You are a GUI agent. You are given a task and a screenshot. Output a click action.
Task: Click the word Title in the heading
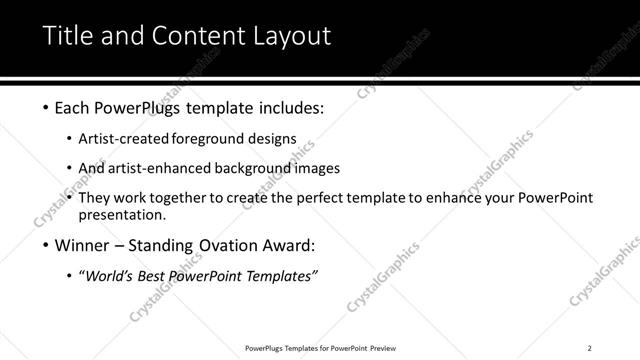(x=65, y=37)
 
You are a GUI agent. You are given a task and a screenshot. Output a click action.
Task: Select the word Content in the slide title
(x=192, y=37)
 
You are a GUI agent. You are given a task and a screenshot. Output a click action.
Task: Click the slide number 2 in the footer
(x=590, y=347)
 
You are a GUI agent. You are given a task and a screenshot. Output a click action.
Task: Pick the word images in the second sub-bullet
(x=317, y=168)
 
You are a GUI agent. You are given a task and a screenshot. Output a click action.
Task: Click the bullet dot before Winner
(x=46, y=245)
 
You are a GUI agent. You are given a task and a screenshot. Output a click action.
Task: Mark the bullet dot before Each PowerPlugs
(x=46, y=107)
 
